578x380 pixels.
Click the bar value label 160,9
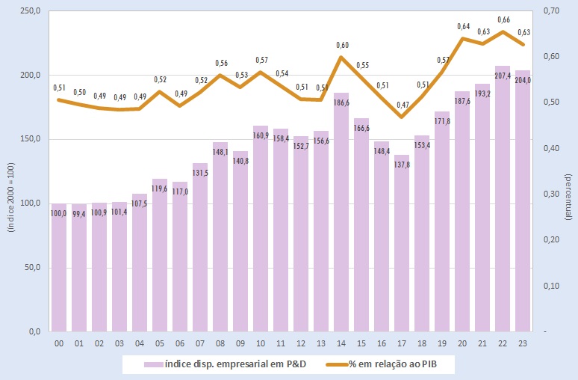coord(261,136)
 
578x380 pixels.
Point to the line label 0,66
coord(504,19)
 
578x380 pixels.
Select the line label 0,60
coord(342,46)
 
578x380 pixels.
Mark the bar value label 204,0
coord(523,82)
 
